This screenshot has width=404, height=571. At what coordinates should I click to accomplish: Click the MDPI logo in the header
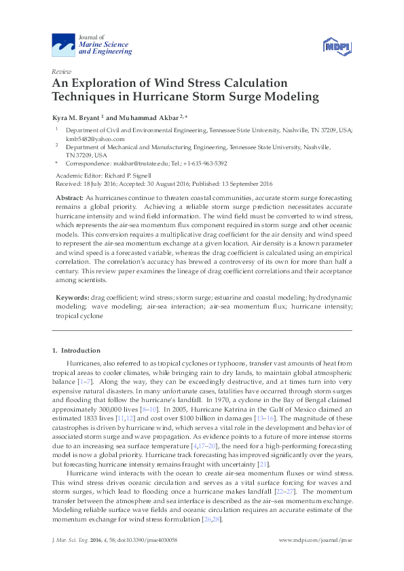(338, 46)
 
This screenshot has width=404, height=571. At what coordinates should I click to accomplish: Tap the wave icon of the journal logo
(64, 46)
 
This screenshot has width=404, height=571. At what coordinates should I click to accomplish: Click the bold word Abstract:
(69, 196)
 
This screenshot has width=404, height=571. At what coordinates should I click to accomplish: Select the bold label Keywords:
(73, 297)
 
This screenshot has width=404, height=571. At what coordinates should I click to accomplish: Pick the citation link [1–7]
(85, 382)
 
